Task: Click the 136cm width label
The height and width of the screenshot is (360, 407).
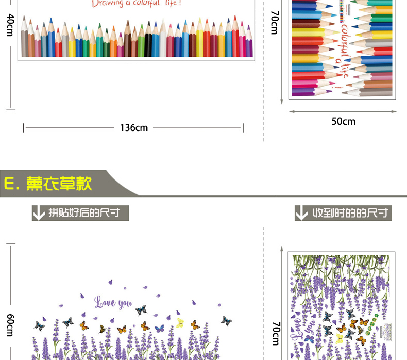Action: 134,127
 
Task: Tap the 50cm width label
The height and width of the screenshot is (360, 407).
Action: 343,121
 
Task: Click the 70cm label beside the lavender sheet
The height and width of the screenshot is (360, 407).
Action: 276,333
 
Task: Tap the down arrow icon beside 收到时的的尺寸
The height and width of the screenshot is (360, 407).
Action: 302,213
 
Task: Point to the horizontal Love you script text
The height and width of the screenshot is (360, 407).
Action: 113,302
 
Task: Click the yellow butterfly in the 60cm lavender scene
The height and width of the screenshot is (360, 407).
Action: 180,323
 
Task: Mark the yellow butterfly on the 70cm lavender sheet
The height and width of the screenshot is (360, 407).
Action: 340,338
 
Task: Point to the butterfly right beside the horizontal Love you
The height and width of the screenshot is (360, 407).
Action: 141,310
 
